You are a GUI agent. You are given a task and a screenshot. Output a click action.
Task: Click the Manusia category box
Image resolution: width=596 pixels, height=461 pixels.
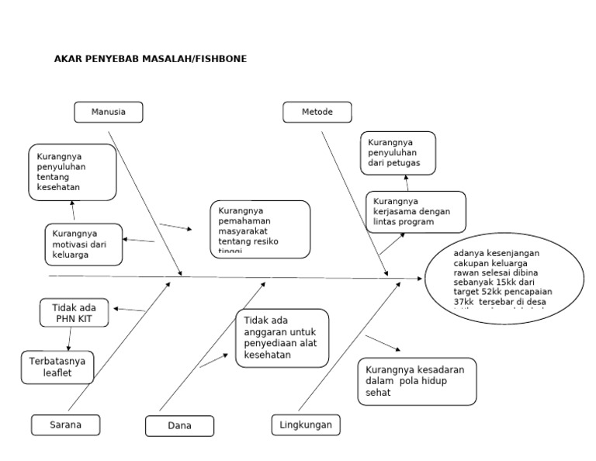click(x=109, y=112)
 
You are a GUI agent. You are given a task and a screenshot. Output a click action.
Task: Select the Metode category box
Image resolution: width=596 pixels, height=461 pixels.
click(x=317, y=112)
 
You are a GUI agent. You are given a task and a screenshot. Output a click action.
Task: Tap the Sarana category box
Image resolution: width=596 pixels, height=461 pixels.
click(x=66, y=425)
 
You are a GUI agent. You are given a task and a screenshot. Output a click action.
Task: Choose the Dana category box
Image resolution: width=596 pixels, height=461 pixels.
click(x=179, y=426)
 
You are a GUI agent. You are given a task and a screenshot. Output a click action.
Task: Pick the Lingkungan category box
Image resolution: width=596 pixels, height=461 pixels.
click(x=306, y=425)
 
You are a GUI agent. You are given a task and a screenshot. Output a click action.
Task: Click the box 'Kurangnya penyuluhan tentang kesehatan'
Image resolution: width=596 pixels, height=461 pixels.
click(x=73, y=172)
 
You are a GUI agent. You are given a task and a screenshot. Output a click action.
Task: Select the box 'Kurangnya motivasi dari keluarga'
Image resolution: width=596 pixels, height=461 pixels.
click(x=83, y=244)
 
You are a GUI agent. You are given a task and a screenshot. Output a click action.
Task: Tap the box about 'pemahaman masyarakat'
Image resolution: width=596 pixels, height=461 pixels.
click(x=259, y=229)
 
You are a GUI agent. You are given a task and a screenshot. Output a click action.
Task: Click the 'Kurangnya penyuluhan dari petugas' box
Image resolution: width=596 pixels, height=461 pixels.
click(x=397, y=153)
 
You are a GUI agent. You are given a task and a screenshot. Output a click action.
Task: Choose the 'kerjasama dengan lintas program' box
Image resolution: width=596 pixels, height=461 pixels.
click(x=416, y=212)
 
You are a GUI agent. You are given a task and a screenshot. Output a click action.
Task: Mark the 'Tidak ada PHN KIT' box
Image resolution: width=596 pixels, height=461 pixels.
click(x=74, y=313)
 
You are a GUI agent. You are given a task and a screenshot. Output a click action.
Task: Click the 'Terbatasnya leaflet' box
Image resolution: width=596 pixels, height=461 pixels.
click(x=57, y=367)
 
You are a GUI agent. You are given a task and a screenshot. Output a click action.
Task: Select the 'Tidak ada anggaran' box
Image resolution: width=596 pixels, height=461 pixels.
click(x=282, y=338)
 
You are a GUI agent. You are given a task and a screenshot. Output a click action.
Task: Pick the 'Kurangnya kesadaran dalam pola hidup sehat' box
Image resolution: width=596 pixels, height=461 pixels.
click(x=417, y=381)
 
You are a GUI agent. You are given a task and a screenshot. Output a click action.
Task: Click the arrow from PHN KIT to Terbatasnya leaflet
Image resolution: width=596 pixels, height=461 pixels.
click(x=70, y=338)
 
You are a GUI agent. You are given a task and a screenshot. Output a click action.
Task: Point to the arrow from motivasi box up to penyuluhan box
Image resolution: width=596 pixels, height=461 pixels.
click(x=73, y=211)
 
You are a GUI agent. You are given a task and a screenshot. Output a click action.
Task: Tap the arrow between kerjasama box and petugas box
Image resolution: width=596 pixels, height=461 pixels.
click(x=407, y=183)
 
